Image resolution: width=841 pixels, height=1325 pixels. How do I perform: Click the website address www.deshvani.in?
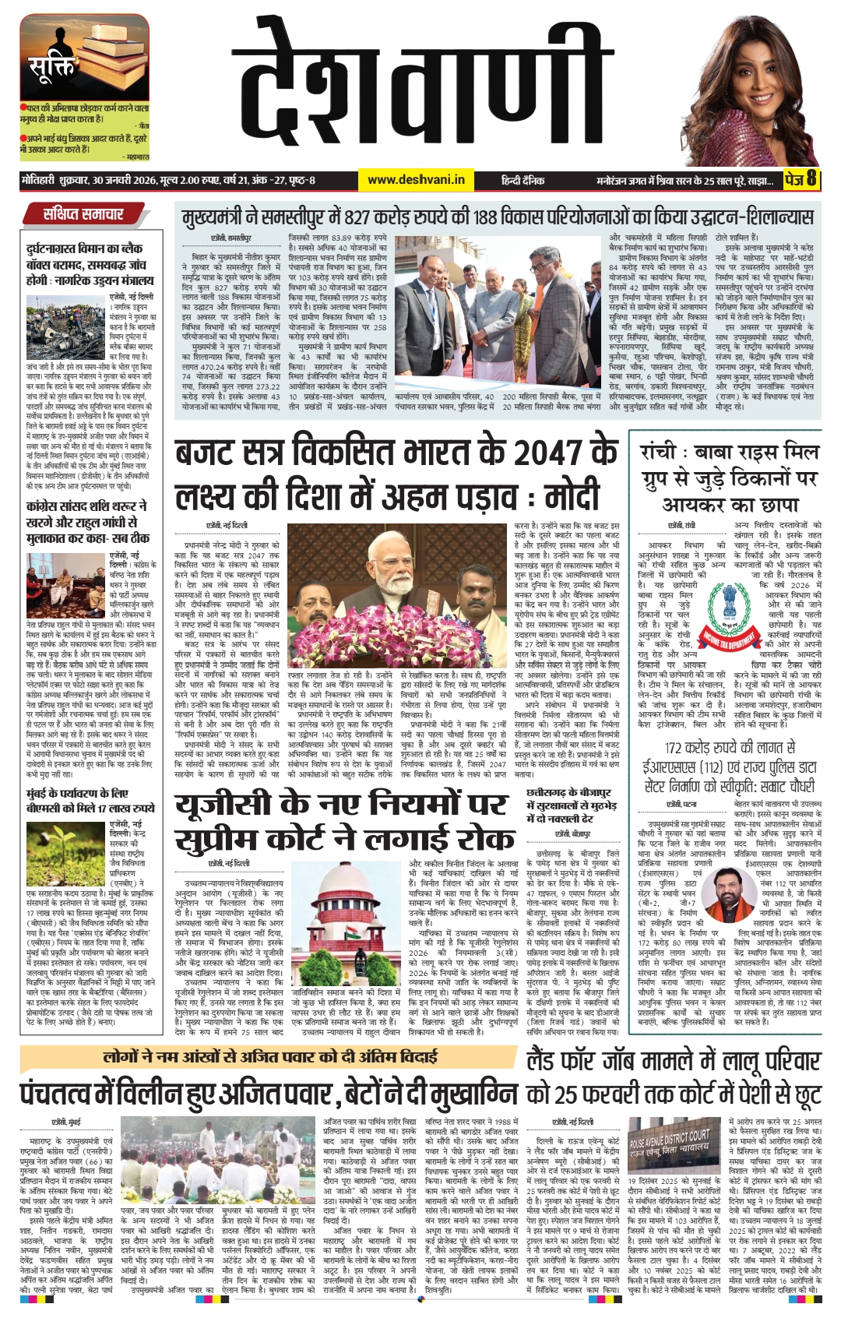(416, 180)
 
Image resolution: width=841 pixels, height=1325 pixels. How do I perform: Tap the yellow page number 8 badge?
(811, 179)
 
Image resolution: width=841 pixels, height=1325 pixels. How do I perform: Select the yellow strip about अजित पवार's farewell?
(269, 1056)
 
